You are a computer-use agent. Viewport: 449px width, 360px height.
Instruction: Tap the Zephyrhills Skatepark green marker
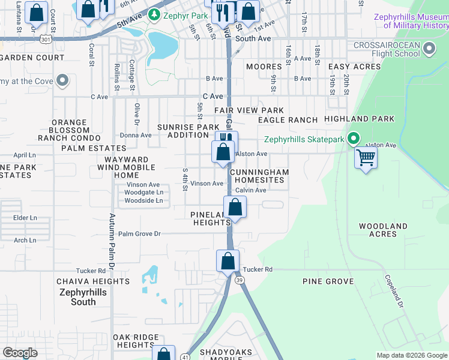click(354, 139)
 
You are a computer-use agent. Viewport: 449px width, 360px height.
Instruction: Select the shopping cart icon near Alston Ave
click(366, 158)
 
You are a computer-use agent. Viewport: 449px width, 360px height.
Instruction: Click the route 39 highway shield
click(240, 281)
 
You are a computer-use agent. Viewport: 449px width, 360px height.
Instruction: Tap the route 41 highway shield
click(186, 356)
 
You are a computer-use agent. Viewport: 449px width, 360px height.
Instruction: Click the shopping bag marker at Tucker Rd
click(228, 262)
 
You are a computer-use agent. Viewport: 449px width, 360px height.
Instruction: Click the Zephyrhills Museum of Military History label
click(411, 21)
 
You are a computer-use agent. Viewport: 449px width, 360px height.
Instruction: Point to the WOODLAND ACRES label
click(383, 230)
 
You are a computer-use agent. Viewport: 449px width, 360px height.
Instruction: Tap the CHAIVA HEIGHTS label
click(92, 281)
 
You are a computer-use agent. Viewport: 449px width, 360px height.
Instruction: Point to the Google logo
click(20, 353)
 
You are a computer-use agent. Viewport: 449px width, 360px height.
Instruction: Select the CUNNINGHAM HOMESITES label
click(259, 176)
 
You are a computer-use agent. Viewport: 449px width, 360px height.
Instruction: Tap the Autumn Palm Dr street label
click(112, 240)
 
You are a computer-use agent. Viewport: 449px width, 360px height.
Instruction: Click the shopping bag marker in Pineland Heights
click(236, 208)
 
